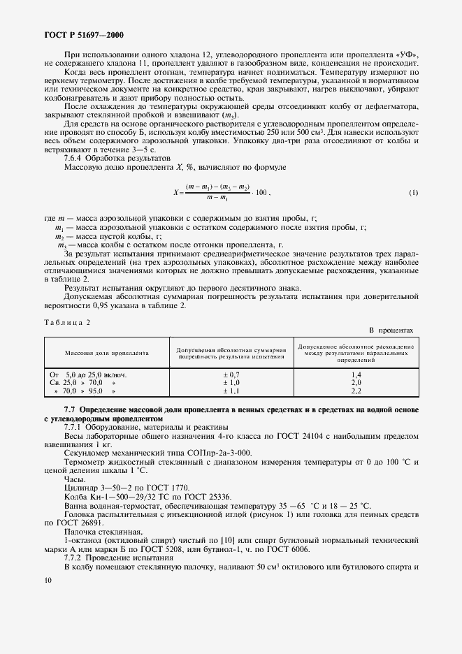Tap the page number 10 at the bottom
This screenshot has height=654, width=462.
click(47, 580)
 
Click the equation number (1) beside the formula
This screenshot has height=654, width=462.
click(413, 192)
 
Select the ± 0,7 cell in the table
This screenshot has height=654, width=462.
click(231, 375)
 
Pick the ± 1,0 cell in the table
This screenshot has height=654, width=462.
click(231, 383)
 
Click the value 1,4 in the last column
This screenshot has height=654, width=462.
click(356, 375)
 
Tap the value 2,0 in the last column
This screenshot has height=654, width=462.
click(356, 383)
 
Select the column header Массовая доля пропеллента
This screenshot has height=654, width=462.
click(108, 354)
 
